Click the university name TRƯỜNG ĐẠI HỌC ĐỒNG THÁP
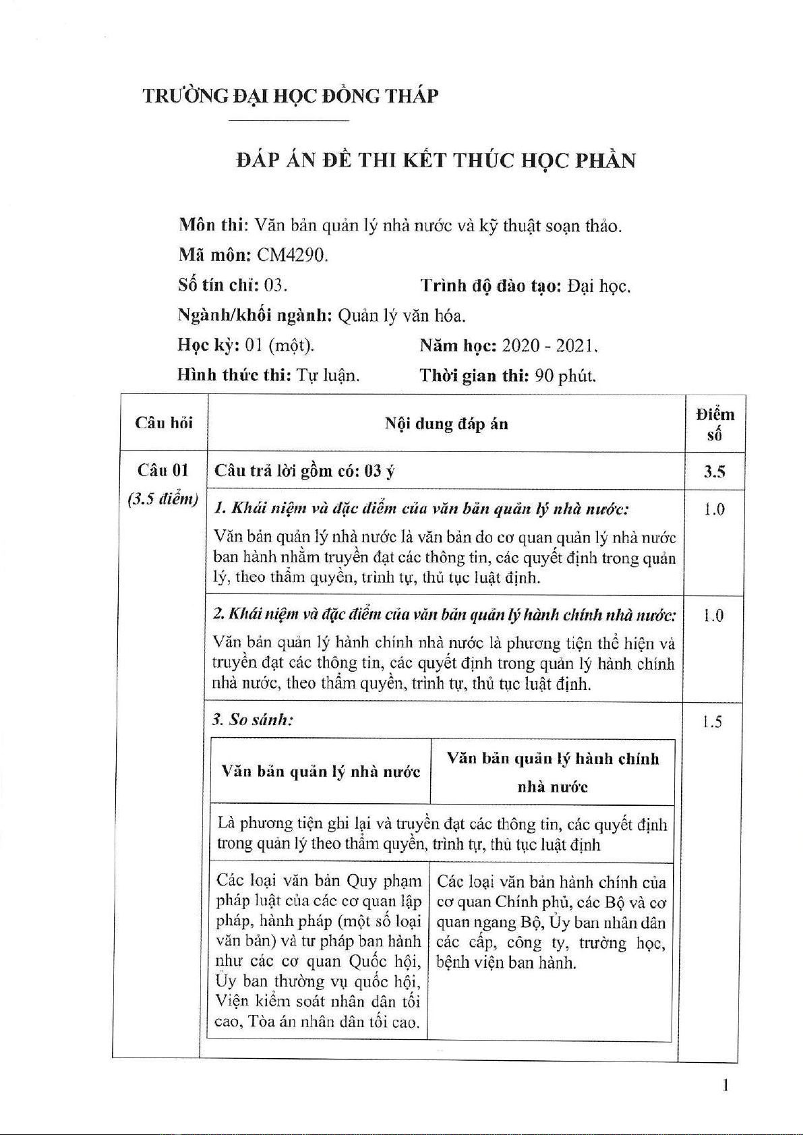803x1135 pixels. point(290,96)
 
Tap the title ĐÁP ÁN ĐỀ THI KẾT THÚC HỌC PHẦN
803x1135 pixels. point(436,161)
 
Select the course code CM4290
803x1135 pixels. point(293,256)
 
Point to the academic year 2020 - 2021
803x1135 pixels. point(549,346)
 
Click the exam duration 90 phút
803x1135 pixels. point(565,376)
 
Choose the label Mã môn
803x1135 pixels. point(215,256)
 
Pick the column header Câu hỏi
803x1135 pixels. point(164,423)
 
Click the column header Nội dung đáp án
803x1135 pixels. point(446,424)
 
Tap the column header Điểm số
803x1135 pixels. point(715,424)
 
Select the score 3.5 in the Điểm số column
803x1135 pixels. point(714,471)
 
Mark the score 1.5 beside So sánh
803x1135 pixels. point(711,722)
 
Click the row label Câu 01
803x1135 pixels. point(162,470)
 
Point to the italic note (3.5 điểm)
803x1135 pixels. point(162,499)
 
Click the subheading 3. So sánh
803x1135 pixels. point(253,720)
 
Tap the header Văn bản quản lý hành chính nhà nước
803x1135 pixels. point(552,772)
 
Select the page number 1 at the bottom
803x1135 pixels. point(725,1085)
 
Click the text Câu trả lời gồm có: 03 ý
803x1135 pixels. point(305,471)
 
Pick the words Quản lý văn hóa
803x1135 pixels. point(402,316)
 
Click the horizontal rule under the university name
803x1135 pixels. point(289,120)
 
